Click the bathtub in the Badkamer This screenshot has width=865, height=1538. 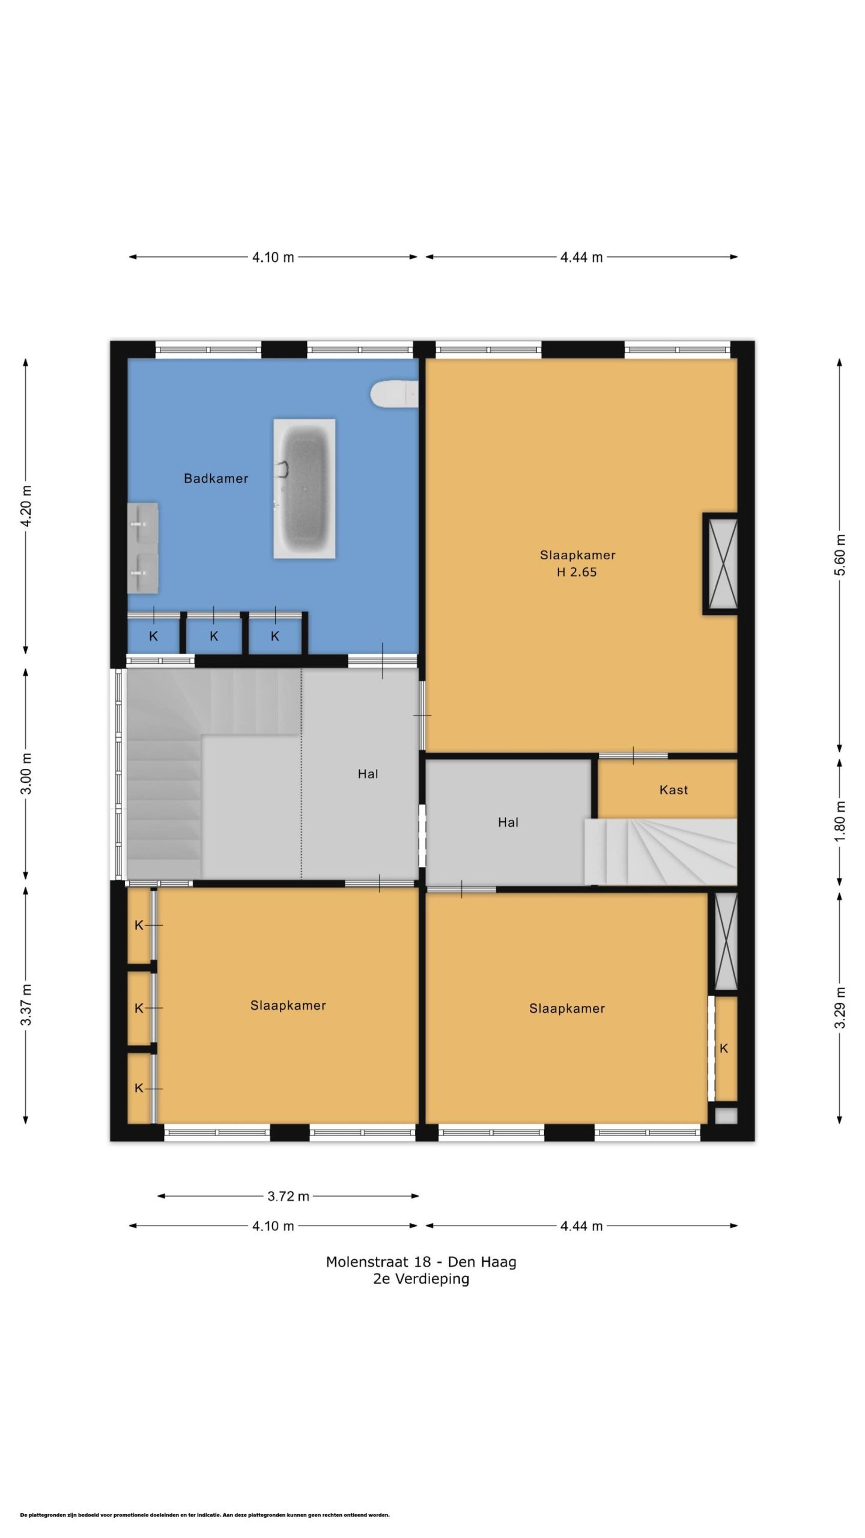click(x=304, y=488)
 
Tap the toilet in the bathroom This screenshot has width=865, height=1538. click(x=394, y=394)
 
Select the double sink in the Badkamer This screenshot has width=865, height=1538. click(x=143, y=548)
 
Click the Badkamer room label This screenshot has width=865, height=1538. click(x=216, y=479)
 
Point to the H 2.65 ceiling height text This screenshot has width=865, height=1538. click(x=577, y=572)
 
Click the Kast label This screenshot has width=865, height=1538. click(x=673, y=790)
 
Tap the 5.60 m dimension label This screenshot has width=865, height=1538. click(x=840, y=555)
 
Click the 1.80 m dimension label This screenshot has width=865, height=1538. click(x=840, y=821)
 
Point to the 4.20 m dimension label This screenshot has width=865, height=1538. click(x=26, y=506)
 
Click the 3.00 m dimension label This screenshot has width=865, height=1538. click(x=26, y=773)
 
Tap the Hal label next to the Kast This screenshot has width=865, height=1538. click(x=508, y=822)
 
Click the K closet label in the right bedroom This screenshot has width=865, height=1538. click(x=724, y=1048)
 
